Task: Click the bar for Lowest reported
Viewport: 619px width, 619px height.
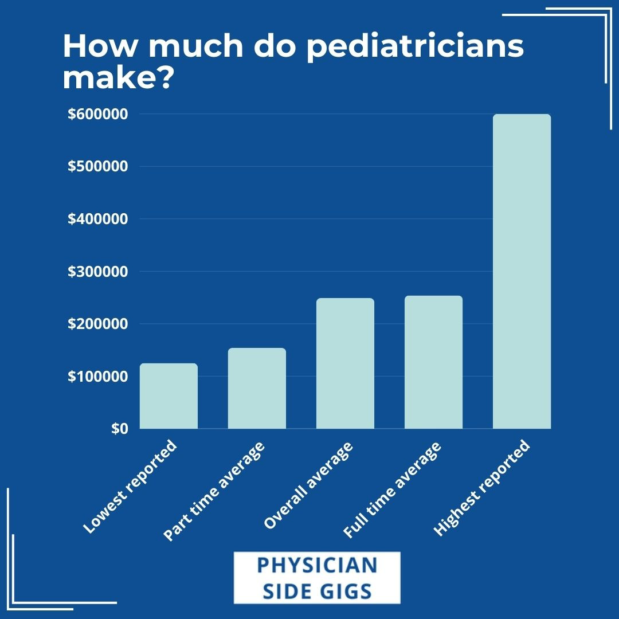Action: (x=169, y=396)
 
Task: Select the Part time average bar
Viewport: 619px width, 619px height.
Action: (x=257, y=388)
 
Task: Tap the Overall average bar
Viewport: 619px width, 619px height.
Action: (x=345, y=363)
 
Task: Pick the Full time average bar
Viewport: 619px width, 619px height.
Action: (x=433, y=362)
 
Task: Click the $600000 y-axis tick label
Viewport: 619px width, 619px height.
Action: (x=98, y=114)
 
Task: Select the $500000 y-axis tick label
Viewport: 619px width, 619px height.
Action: (x=98, y=167)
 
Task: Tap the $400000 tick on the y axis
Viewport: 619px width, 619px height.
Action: (x=98, y=219)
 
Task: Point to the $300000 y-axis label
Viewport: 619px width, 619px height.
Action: (x=98, y=272)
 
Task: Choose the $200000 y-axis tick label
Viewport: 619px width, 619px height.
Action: (x=98, y=324)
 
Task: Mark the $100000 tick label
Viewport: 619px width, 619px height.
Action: (x=98, y=377)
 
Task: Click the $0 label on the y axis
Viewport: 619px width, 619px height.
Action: (x=120, y=429)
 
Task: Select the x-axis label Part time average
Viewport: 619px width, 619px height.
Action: (x=214, y=492)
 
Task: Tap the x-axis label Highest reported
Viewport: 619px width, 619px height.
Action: (x=481, y=488)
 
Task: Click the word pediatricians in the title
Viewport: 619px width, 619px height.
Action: (x=415, y=47)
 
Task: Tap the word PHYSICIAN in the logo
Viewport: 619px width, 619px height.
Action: (x=317, y=565)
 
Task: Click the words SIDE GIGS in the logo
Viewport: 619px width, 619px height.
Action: (x=317, y=590)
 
